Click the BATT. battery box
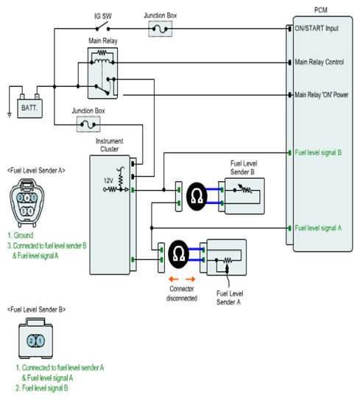point(30,108)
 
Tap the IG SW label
point(103,16)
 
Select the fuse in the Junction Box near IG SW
point(160,29)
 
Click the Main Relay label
point(103,41)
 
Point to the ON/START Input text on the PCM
point(317,28)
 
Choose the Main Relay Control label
point(320,62)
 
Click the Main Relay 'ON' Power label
point(322,95)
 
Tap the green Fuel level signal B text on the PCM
point(318,152)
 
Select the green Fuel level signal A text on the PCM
point(318,228)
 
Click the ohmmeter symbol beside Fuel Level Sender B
point(197,196)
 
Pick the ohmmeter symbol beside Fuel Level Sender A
point(179,254)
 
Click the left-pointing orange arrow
point(174,279)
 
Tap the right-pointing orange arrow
point(191,279)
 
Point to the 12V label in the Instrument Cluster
point(108,181)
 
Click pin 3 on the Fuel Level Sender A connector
point(21,197)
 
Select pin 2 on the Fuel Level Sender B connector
point(32,341)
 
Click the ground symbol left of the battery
point(10,115)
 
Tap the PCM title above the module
point(321,10)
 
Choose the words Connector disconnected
point(182,293)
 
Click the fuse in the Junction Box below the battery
point(88,124)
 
